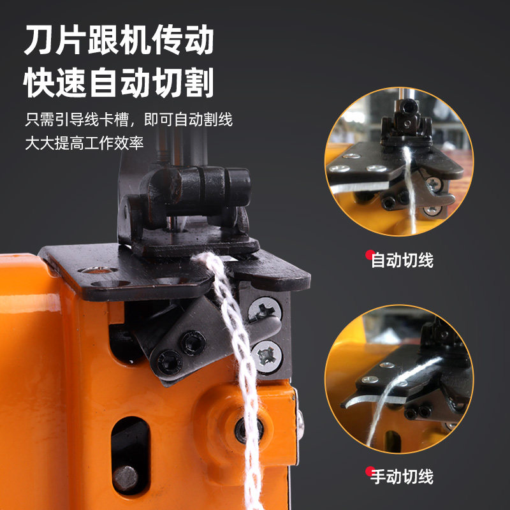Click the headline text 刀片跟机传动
point(119,40)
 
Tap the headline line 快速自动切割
point(119,83)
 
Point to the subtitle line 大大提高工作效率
point(84,143)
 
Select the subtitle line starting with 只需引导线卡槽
point(129,119)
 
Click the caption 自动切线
point(402,261)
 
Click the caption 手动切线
point(402,477)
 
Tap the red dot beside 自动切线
point(370,254)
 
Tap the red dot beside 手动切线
point(370,471)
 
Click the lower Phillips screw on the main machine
point(266,357)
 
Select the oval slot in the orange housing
point(131,455)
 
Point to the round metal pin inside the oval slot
point(125,479)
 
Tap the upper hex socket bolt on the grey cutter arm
point(193,343)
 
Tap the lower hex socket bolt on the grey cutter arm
point(169,362)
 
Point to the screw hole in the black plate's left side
point(98,270)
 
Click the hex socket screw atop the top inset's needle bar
point(408,106)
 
